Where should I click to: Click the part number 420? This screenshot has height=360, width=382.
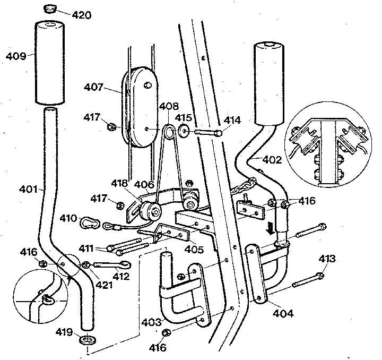(x=81, y=14)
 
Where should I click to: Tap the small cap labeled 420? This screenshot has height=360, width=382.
(x=50, y=8)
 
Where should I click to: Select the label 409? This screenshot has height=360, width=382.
(x=16, y=55)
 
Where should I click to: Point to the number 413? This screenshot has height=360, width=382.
(x=327, y=259)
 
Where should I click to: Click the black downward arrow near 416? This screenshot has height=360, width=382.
(x=272, y=228)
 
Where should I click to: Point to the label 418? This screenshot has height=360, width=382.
(x=119, y=184)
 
